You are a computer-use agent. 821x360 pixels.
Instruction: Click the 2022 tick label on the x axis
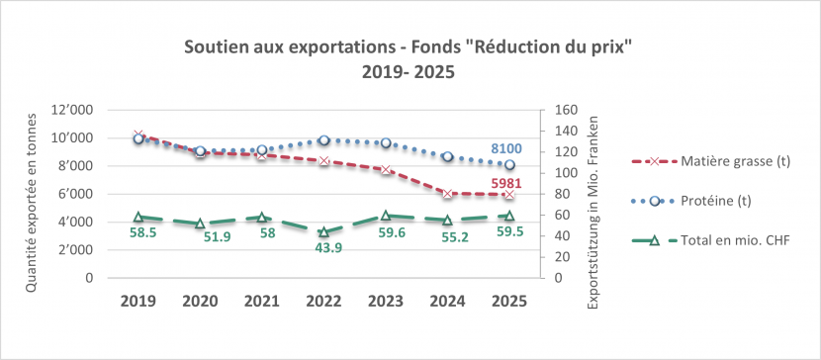coord(323,301)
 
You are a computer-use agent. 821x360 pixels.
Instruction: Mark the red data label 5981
coord(508,183)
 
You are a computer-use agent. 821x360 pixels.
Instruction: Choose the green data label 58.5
coord(138,232)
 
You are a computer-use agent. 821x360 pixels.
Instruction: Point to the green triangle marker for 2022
coord(323,231)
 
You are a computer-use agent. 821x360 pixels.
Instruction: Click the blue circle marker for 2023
coord(386,143)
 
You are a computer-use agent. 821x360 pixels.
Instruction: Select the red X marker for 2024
coord(448,194)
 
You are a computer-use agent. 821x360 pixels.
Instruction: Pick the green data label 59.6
coord(386,232)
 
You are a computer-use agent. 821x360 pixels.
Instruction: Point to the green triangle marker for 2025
coord(509,215)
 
